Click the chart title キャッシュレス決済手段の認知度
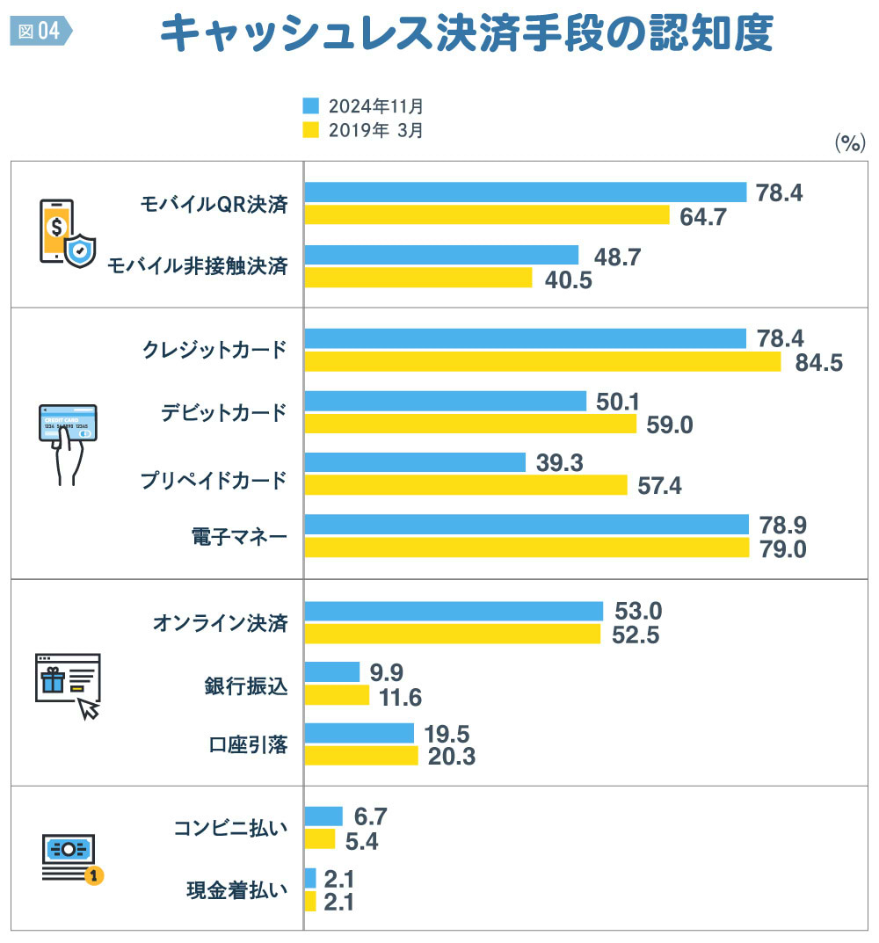coord(466,34)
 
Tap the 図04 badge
coord(40,31)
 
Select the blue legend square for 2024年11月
coord(310,105)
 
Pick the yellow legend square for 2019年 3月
coord(310,130)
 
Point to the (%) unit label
coord(849,143)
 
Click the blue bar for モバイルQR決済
coord(525,192)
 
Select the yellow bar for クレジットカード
coord(542,362)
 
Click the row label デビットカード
coord(224,412)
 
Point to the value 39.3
coord(560,462)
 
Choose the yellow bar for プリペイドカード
coord(466,485)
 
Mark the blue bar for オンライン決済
coord(454,611)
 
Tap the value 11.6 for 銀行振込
coord(401,697)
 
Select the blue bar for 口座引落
coord(359,733)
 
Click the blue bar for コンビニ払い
coord(323,816)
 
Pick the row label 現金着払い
coord(237,890)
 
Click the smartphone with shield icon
coord(67,232)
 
